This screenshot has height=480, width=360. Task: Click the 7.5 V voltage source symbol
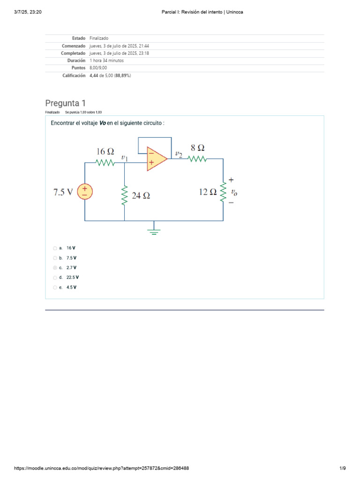(x=85, y=191)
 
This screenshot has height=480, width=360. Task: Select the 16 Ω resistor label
(x=105, y=151)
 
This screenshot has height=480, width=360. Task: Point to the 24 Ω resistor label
(x=141, y=196)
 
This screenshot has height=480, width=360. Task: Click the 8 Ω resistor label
(x=197, y=148)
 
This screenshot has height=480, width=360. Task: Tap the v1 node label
(x=125, y=158)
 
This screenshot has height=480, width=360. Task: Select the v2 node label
(x=179, y=154)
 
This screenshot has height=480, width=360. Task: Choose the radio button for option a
(x=55, y=248)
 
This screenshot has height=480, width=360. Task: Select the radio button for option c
(x=55, y=268)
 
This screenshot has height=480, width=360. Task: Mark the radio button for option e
(x=55, y=287)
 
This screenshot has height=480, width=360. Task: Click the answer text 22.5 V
(x=72, y=277)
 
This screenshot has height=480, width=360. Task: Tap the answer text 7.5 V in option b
(x=71, y=258)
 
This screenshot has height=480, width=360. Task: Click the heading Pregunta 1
(x=66, y=103)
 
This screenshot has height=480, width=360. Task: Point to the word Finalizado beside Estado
(x=98, y=38)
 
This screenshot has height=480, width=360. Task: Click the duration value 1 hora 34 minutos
(x=107, y=60)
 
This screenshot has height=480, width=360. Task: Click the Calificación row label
(x=74, y=75)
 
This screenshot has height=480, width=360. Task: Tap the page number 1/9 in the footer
(x=342, y=468)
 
